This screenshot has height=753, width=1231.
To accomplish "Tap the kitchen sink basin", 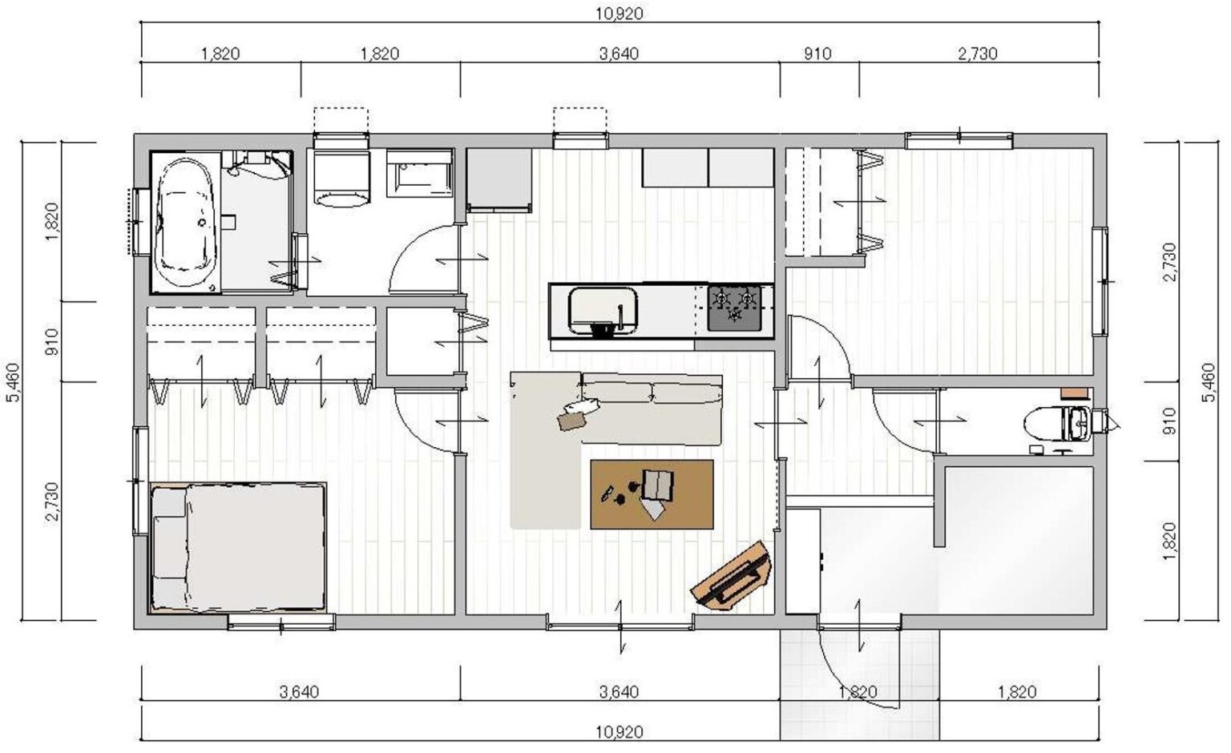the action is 603,310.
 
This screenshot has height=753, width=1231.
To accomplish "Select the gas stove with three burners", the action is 734,308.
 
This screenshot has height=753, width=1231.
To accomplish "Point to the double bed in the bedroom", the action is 238,547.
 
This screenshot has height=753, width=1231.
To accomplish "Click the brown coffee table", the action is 652,494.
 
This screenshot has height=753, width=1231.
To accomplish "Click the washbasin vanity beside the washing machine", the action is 419,172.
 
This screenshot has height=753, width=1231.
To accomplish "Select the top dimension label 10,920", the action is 620,14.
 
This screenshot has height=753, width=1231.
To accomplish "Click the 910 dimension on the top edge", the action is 817,54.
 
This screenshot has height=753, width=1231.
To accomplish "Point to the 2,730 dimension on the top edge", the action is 978,54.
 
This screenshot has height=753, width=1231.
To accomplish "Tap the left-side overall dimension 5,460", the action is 12,382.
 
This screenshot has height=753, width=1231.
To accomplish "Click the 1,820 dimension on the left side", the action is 51,221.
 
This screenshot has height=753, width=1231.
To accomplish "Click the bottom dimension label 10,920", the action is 620,732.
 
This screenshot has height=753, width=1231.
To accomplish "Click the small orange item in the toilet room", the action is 1075,393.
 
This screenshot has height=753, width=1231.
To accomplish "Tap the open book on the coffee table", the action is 658,485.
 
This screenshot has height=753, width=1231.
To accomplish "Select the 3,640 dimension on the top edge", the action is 620,54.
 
